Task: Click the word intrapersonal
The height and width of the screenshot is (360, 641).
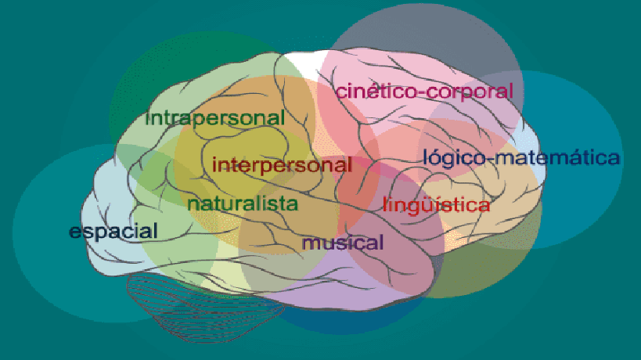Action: (x=215, y=119)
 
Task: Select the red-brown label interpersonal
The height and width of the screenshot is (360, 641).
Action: (x=282, y=165)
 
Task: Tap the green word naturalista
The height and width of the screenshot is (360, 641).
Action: (x=243, y=204)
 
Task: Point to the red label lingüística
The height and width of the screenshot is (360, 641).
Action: (x=437, y=206)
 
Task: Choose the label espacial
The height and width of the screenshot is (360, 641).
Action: (x=113, y=232)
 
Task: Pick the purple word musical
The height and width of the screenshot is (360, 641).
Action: (x=343, y=243)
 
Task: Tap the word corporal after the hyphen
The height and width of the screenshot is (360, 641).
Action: (x=471, y=91)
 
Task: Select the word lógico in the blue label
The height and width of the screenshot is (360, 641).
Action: (x=451, y=157)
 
